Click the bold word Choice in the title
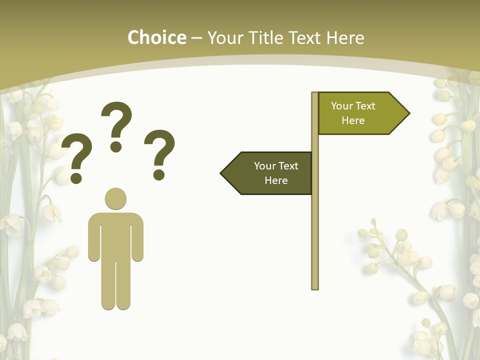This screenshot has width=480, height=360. click(x=156, y=37)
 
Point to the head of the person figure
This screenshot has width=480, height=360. click(x=115, y=198)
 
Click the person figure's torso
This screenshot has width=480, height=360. click(x=115, y=235)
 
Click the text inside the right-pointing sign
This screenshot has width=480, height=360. click(x=353, y=113)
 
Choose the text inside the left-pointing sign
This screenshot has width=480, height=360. click(x=276, y=173)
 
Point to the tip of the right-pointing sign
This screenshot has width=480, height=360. click(x=408, y=113)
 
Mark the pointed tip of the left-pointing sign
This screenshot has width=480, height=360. click(x=222, y=173)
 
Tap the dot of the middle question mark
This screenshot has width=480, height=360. click(x=116, y=146)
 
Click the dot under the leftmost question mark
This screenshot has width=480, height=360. click(x=76, y=177)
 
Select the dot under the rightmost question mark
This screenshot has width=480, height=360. click(x=159, y=174)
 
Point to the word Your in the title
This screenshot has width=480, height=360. click(x=224, y=37)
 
